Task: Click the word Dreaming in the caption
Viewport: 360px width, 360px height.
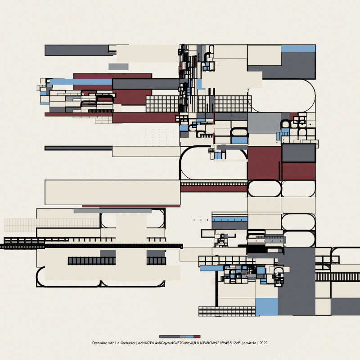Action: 99,343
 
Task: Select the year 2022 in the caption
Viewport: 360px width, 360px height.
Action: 263,343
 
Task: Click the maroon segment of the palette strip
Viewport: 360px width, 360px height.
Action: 197,336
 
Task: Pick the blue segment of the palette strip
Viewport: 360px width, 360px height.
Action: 190,336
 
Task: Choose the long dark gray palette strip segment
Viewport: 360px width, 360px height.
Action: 169,336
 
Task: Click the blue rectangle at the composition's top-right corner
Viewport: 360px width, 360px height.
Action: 298,48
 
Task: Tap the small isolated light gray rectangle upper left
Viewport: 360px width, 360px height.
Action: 118,67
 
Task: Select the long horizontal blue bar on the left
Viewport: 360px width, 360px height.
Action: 81,81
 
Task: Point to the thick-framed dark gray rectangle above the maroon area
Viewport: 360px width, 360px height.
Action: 298,153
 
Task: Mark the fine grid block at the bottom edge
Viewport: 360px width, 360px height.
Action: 227,311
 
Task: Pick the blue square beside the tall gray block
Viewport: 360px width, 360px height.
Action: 266,306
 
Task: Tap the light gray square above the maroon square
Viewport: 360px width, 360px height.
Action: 264,122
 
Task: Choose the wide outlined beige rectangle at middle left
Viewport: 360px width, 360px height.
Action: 112,192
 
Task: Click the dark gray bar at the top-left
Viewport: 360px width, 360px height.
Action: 76,50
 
